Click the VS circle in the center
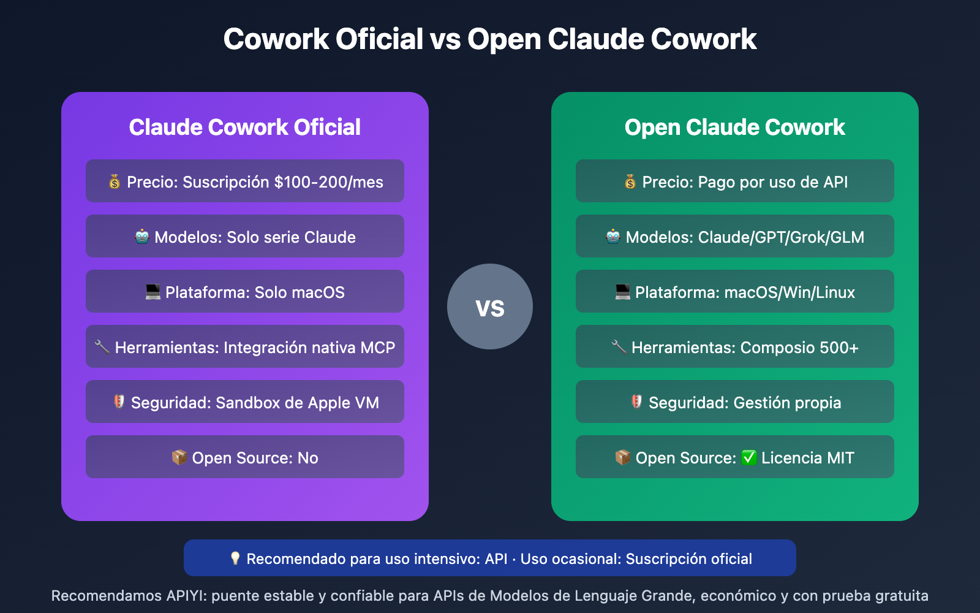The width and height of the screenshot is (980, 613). click(x=490, y=306)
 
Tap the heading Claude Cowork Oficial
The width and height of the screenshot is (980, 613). click(x=245, y=128)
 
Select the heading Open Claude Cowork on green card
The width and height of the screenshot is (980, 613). click(x=735, y=128)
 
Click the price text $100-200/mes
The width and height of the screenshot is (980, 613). click(x=329, y=182)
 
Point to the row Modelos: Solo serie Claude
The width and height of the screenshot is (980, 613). click(x=245, y=237)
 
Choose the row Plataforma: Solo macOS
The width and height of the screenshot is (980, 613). click(x=245, y=292)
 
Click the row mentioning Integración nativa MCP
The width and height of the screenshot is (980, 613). click(x=245, y=347)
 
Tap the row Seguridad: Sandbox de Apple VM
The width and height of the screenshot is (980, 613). click(x=245, y=402)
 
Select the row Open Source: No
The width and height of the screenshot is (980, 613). click(x=245, y=457)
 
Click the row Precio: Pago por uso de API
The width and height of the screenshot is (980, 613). click(x=735, y=181)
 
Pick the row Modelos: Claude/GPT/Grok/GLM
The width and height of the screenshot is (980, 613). click(x=735, y=237)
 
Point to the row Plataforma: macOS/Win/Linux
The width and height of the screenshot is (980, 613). click(x=735, y=292)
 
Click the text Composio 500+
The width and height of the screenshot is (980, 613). click(x=799, y=348)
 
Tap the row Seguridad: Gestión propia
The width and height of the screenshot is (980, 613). click(x=735, y=402)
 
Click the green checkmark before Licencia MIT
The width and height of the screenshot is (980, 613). click(x=749, y=458)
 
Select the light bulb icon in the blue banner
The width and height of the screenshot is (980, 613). click(x=235, y=558)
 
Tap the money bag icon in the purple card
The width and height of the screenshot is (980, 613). click(x=115, y=181)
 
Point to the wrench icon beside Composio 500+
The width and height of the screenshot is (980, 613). click(x=619, y=347)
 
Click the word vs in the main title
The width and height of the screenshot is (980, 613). click(x=445, y=40)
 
